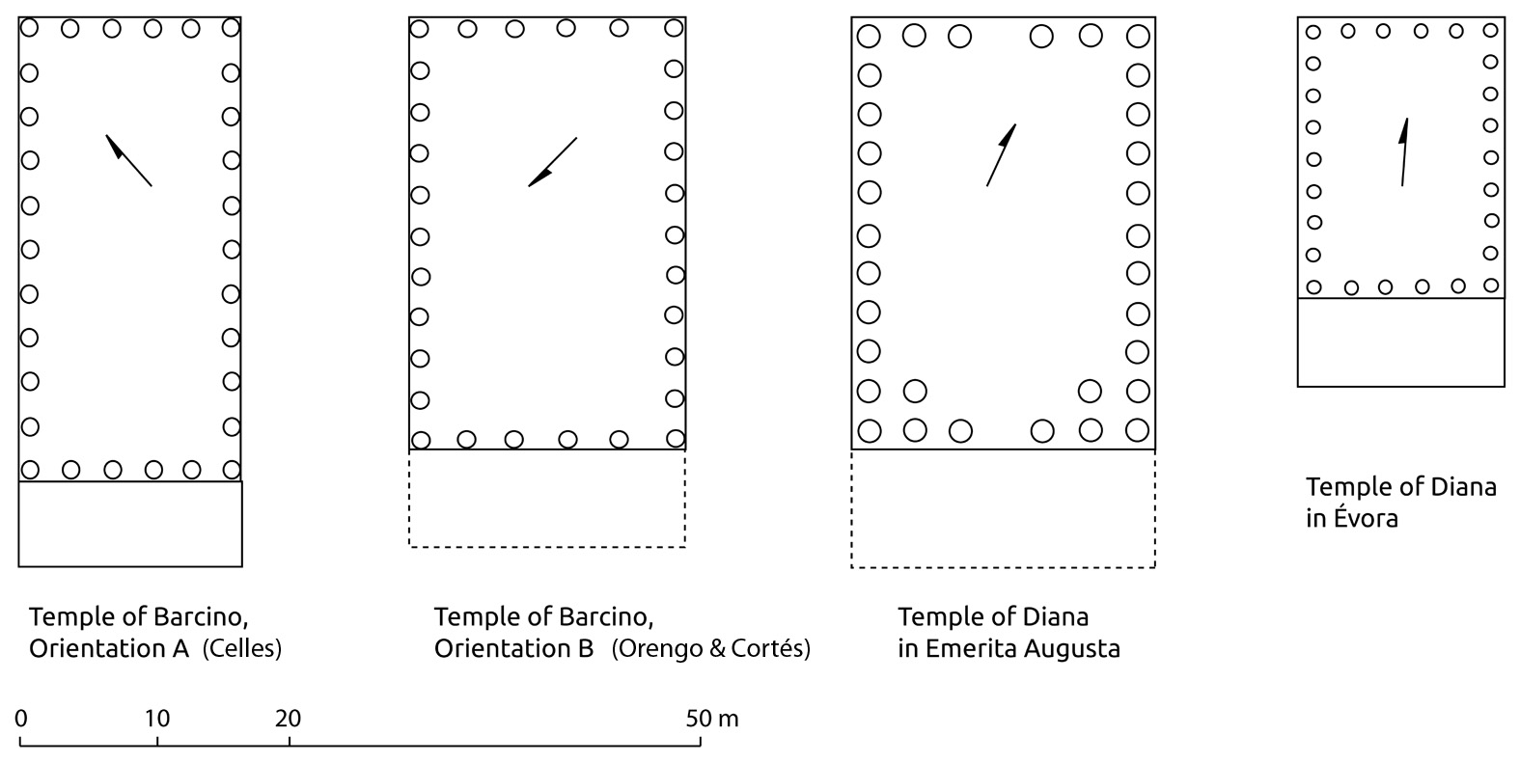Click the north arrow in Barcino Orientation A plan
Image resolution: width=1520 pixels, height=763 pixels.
(x=128, y=160)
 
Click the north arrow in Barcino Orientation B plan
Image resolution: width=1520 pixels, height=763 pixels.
(x=552, y=162)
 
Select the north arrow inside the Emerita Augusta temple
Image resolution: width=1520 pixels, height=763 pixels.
(x=1001, y=154)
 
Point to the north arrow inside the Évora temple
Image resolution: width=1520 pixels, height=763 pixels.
(x=1404, y=152)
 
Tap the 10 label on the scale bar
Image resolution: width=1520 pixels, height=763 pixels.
(x=157, y=719)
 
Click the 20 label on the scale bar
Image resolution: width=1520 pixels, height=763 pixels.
(x=289, y=719)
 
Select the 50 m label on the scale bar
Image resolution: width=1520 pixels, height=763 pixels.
(x=712, y=719)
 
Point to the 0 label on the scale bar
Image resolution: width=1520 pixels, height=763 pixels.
(x=21, y=719)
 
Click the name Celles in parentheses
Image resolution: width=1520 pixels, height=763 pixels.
(x=241, y=649)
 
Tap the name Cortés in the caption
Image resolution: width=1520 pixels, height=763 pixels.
(x=773, y=649)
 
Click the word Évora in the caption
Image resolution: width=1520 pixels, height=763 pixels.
(x=1367, y=518)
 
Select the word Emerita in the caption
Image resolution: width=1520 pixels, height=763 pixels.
(x=968, y=648)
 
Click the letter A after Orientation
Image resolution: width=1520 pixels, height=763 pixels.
(x=181, y=648)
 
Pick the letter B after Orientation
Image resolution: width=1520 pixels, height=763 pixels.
(x=586, y=648)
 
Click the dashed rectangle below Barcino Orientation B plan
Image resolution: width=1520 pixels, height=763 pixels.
(x=547, y=499)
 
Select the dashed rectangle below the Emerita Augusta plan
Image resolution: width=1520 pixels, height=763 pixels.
(x=1003, y=508)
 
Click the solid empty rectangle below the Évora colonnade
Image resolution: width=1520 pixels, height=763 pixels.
(x=1400, y=342)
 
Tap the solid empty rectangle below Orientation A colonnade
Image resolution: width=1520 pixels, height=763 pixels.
(x=130, y=524)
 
